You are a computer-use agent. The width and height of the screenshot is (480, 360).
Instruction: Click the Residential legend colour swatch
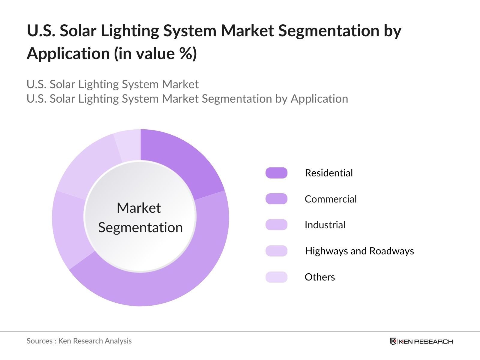pyautogui.click(x=276, y=173)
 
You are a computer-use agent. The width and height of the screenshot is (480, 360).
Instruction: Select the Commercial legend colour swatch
pyautogui.click(x=276, y=199)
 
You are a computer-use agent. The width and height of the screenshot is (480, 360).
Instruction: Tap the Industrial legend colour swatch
pyautogui.click(x=276, y=225)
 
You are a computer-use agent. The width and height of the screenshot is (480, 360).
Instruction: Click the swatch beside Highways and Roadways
pyautogui.click(x=276, y=251)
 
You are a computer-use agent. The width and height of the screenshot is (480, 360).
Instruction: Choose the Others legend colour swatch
pyautogui.click(x=276, y=277)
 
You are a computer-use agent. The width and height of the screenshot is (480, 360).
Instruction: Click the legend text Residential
pyautogui.click(x=329, y=173)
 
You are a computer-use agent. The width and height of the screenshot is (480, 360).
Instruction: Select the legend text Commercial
pyautogui.click(x=331, y=199)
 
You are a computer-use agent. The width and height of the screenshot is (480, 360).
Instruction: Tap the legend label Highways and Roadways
pyautogui.click(x=359, y=251)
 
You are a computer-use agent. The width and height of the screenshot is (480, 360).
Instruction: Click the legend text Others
pyautogui.click(x=320, y=277)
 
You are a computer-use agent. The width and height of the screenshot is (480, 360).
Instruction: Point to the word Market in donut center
pyautogui.click(x=139, y=208)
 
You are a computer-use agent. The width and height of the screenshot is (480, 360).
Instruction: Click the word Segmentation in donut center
pyautogui.click(x=140, y=227)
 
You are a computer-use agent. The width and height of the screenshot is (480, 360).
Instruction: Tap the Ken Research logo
pyautogui.click(x=421, y=341)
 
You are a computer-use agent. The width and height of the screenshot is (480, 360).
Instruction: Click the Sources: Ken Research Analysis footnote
pyautogui.click(x=79, y=341)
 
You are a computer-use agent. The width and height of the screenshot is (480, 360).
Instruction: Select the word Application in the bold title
pyautogui.click(x=68, y=54)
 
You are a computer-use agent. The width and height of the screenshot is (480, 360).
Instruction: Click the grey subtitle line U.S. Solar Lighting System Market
pyautogui.click(x=112, y=84)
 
